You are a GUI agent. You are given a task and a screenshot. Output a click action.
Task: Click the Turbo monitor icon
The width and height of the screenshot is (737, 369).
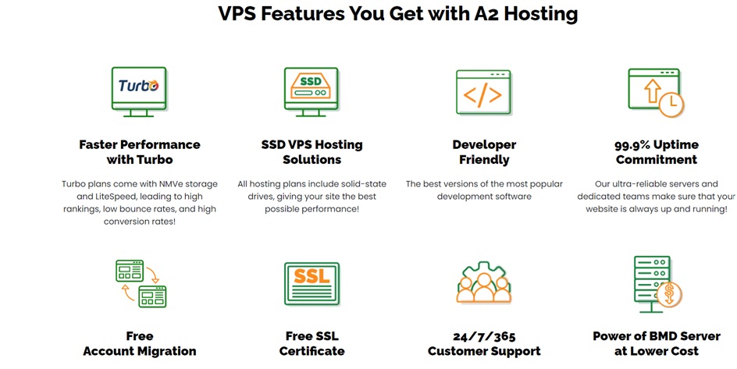139,91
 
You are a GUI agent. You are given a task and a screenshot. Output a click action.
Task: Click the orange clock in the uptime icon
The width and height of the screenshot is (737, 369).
671,105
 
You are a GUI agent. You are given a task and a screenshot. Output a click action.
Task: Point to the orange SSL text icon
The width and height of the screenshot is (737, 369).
312,276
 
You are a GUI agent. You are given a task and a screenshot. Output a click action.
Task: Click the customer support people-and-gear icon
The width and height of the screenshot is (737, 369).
484,282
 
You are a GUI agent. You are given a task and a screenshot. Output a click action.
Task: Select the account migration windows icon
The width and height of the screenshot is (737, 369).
141,283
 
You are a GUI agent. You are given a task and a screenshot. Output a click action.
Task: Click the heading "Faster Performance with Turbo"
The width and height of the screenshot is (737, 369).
140,151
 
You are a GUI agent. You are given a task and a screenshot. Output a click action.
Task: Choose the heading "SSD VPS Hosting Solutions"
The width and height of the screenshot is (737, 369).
312,151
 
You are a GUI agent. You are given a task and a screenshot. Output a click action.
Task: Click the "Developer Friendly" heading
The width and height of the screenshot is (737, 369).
484,151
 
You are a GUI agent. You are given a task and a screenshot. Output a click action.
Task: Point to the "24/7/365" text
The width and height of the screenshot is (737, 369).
484,336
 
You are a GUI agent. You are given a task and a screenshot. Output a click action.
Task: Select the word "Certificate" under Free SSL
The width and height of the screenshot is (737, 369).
312,351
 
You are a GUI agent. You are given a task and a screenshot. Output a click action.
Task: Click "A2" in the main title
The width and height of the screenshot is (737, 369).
486,13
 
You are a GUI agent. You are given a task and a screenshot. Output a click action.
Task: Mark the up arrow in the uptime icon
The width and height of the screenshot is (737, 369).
652,91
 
